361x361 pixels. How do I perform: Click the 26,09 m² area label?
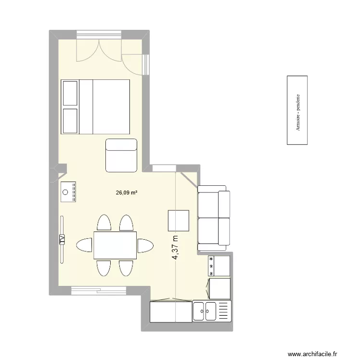click(127, 193)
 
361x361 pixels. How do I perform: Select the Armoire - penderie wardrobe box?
click(297, 110)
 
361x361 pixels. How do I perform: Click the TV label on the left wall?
click(62, 239)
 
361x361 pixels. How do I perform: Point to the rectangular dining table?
click(115, 245)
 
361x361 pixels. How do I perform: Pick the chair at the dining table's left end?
click(84, 245)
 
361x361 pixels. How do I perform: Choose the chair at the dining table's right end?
click(145, 245)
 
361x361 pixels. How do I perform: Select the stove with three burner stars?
click(219, 266)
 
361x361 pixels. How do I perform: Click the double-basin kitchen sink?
click(205, 311)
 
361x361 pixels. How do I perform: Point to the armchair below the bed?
click(122, 155)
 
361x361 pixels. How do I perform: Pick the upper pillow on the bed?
click(70, 92)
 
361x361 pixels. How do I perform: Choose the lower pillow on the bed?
click(70, 120)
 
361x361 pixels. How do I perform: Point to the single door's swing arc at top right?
click(132, 60)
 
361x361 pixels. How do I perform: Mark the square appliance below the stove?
click(219, 288)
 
